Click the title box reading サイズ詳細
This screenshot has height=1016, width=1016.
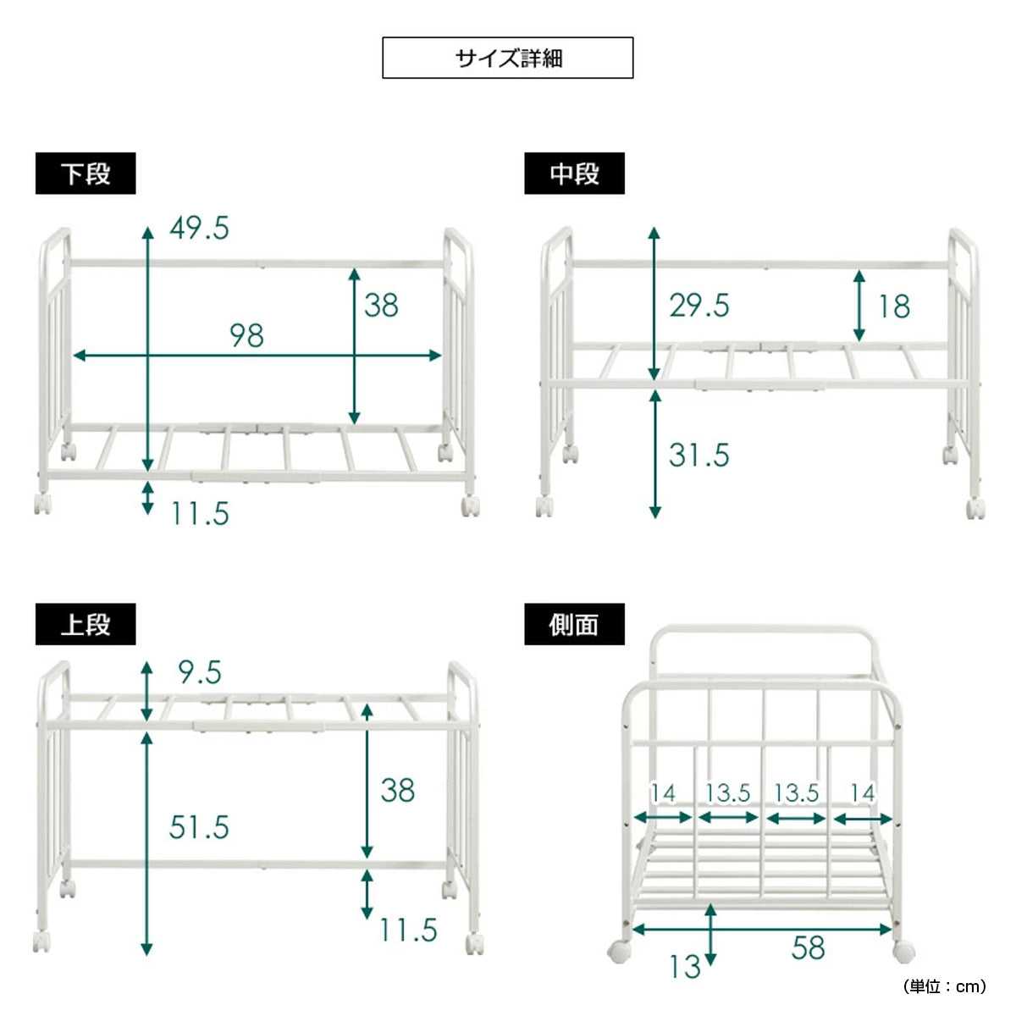click(x=507, y=58)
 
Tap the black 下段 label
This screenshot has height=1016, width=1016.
click(x=86, y=174)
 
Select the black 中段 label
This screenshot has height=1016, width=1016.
click(x=574, y=174)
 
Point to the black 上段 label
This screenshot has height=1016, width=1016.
click(x=86, y=624)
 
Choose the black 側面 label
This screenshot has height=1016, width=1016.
click(x=574, y=624)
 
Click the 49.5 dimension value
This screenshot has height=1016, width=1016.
click(x=199, y=229)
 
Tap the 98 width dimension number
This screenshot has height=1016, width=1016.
click(x=246, y=335)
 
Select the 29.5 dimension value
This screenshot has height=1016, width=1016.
click(x=699, y=306)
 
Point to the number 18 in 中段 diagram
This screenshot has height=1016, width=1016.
click(x=894, y=306)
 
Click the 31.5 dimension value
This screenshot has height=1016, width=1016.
click(x=699, y=455)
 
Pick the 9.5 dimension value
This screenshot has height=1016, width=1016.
click(x=200, y=672)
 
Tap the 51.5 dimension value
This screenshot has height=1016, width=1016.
click(x=199, y=827)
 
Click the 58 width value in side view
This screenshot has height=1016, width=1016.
click(x=809, y=948)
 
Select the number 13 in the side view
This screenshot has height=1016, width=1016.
click(x=685, y=967)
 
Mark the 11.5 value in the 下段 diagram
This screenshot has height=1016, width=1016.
click(x=201, y=514)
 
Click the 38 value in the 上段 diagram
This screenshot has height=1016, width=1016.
click(x=398, y=790)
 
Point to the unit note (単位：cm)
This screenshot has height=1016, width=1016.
click(x=945, y=986)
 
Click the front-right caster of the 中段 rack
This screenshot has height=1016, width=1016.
click(x=975, y=508)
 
